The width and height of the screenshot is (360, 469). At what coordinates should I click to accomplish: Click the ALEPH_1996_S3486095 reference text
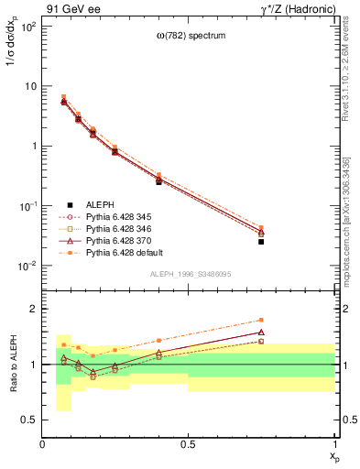click(190, 274)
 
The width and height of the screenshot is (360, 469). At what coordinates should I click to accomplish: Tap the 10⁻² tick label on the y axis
click(27, 267)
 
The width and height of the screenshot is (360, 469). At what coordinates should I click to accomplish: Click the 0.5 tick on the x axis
click(189, 444)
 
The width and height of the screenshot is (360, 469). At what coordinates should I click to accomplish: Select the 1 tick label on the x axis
click(335, 444)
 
